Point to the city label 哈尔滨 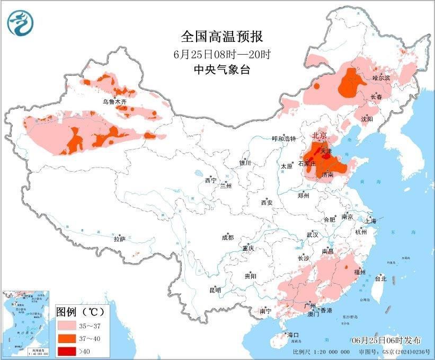click(x=381, y=77)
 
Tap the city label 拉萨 click(x=119, y=239)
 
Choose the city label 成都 click(x=227, y=238)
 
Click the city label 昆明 click(x=215, y=290)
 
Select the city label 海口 click(x=293, y=335)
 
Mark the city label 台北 click(x=380, y=278)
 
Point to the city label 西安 click(x=267, y=203)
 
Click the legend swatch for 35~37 click(x=68, y=324)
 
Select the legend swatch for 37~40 click(x=68, y=337)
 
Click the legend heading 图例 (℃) click(x=80, y=311)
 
